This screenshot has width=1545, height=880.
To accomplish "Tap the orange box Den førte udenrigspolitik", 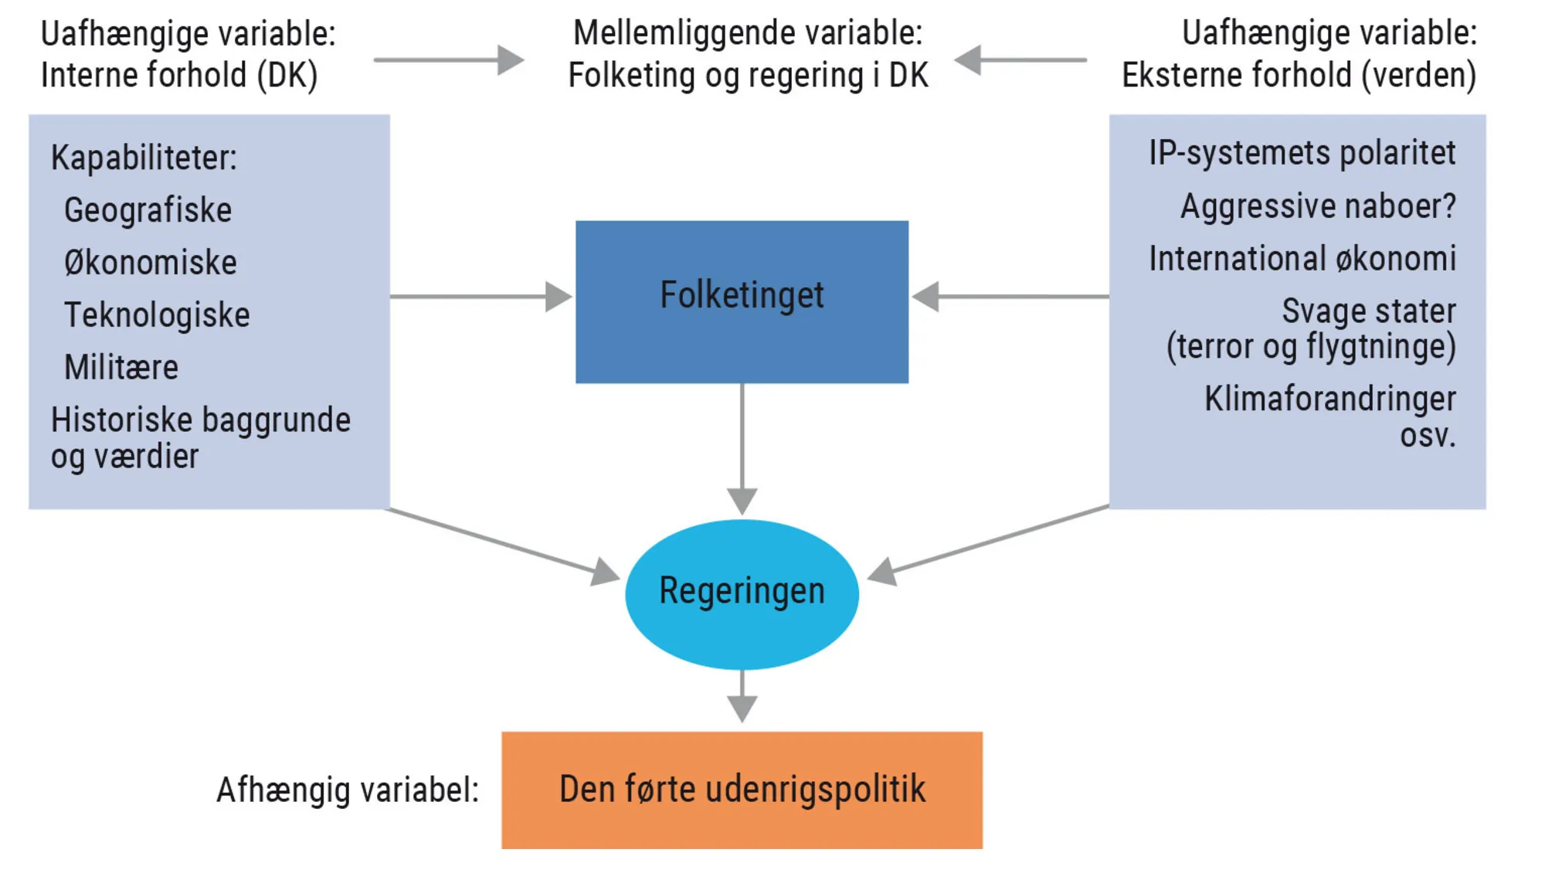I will coord(742,790).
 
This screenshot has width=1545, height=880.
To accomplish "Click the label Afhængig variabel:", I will coord(348,790).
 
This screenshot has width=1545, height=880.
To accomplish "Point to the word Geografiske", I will coord(148,210).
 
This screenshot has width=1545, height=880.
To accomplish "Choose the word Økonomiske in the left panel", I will coord(151,263).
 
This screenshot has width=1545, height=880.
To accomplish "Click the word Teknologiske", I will coord(157,315).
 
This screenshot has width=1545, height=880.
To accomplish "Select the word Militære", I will coord(121,367).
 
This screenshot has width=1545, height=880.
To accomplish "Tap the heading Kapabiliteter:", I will coord(144,158).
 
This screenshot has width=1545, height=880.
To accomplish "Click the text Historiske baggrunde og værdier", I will coord(200,437).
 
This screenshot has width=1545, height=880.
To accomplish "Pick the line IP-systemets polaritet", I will coord(1302,153).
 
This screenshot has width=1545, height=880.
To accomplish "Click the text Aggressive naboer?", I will coord(1318,206).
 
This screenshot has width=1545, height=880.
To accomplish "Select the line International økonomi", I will coord(1302,258).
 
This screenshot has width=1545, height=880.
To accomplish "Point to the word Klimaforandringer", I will coord(1329,399).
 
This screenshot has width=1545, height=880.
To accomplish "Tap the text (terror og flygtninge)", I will coord(1311,346).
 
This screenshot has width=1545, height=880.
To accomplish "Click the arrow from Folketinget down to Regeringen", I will coord(742,448).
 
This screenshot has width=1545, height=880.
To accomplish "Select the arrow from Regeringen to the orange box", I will coord(742,695).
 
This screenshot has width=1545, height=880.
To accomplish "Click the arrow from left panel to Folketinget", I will coord(479,297).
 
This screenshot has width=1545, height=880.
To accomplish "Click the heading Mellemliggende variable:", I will coord(747,33).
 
